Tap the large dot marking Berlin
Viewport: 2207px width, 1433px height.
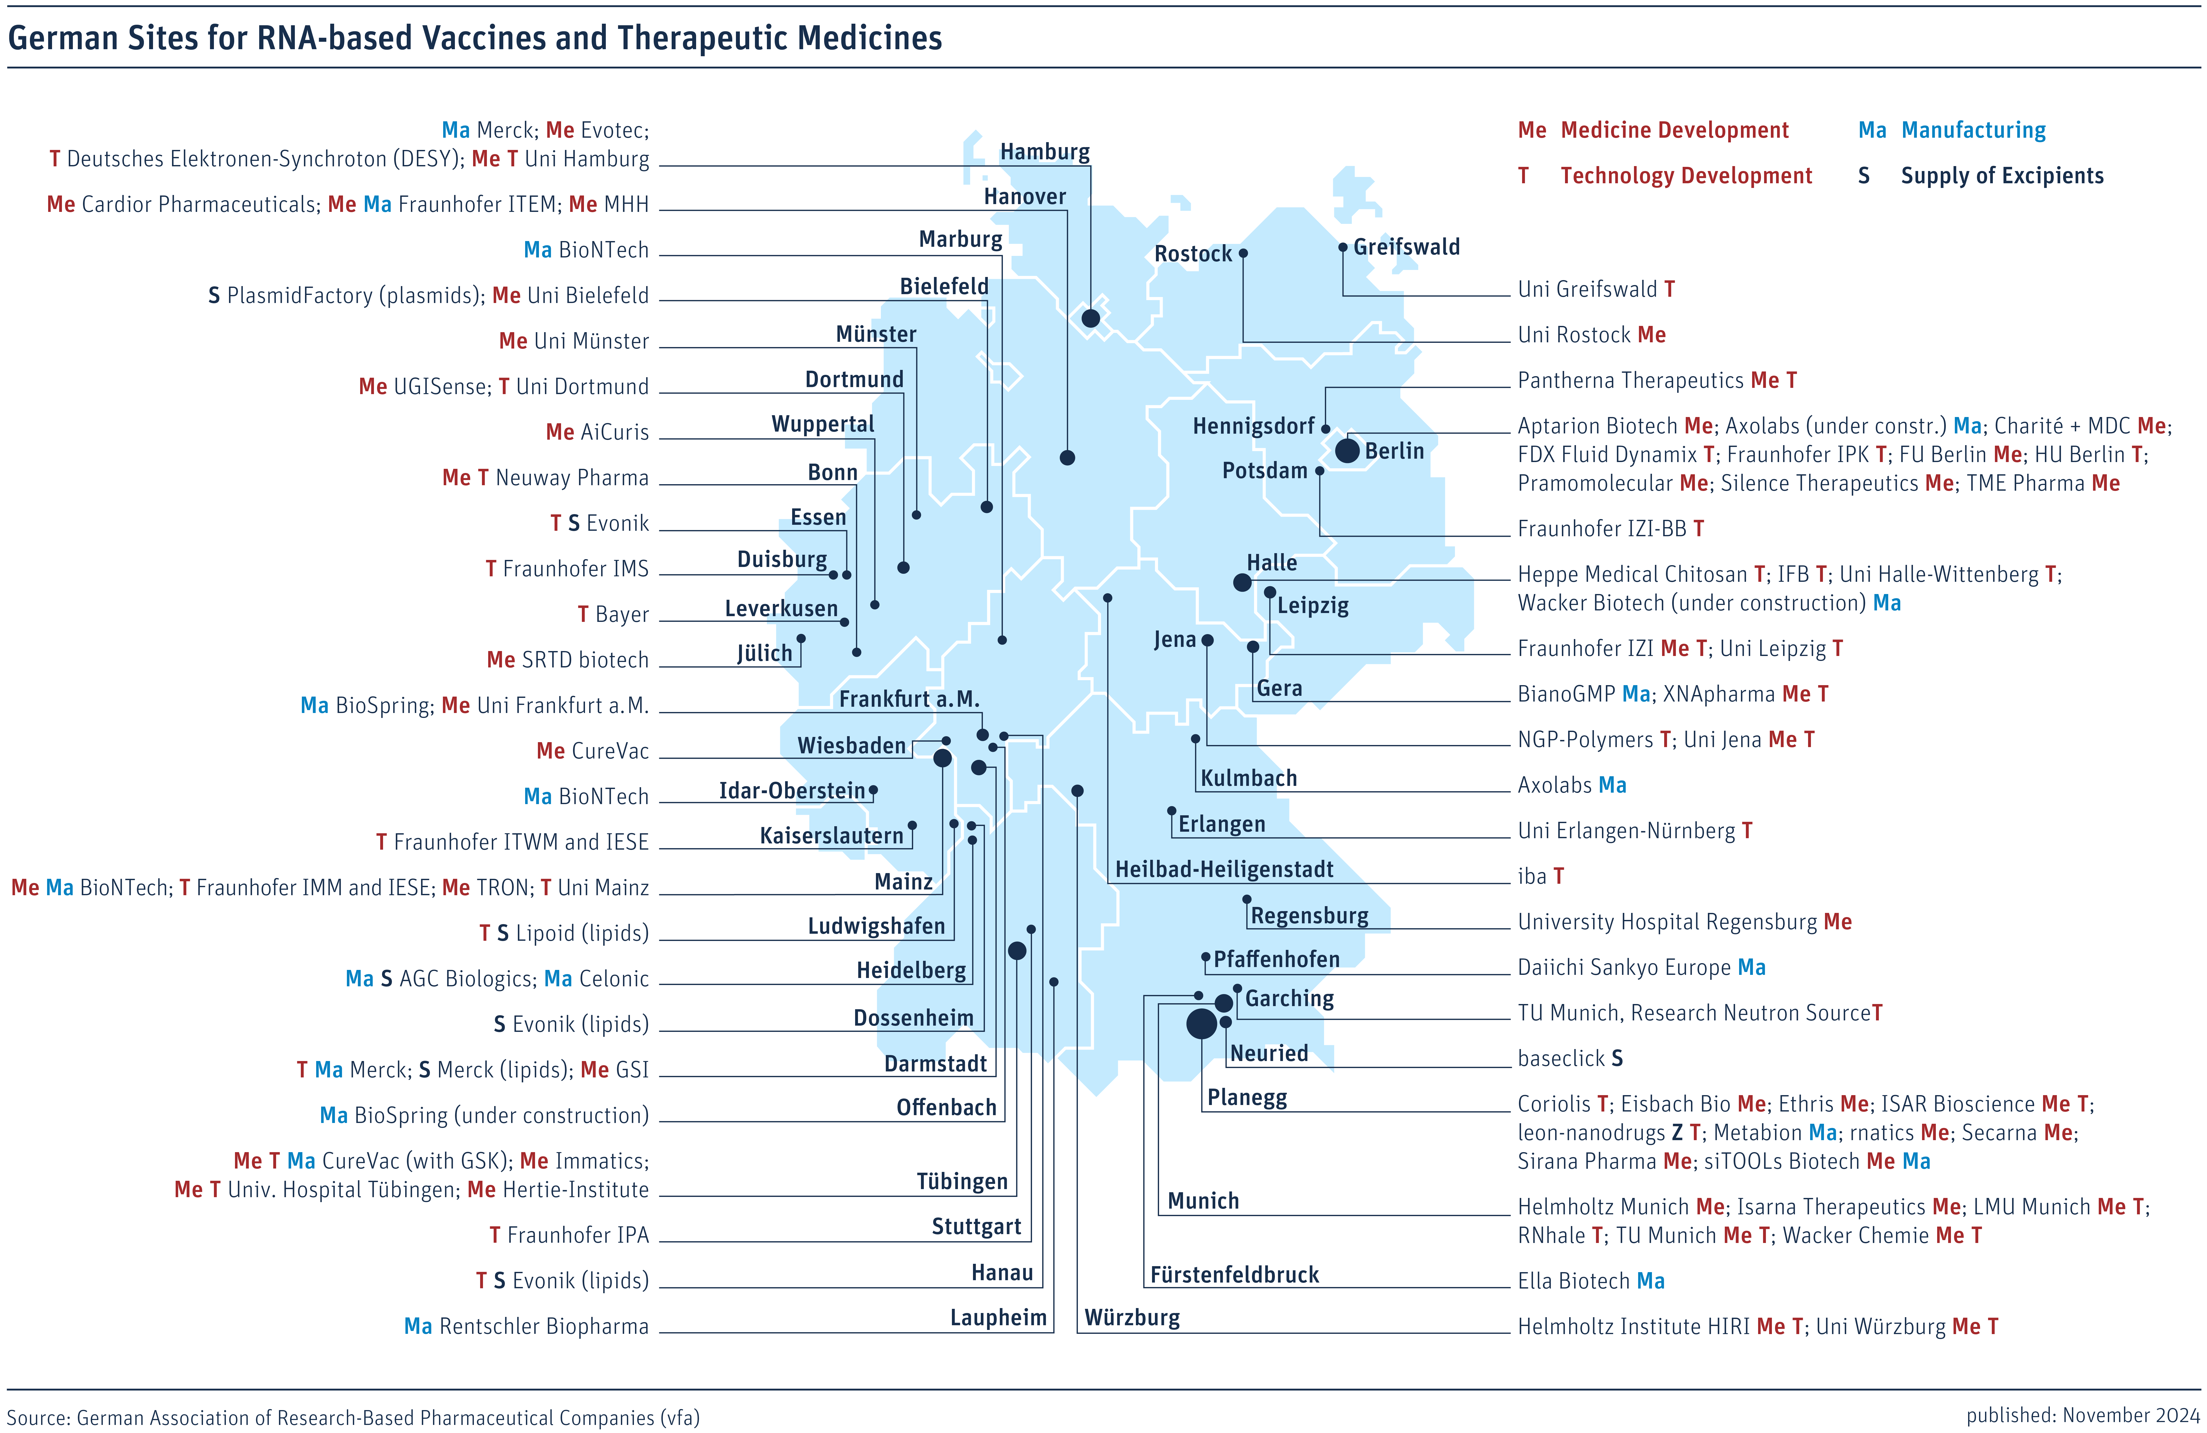pos(1347,451)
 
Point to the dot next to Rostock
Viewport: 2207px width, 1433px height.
pos(1244,253)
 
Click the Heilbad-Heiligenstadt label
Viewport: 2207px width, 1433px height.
pos(1224,869)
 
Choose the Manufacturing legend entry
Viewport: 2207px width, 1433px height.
pos(1952,131)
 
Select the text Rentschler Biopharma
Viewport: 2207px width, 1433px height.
pos(544,1326)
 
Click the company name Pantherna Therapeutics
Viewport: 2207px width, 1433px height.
pos(1631,380)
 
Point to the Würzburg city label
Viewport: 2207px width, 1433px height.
pos(1132,1318)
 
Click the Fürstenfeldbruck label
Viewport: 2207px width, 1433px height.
pos(1234,1275)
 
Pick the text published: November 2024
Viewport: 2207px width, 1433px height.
pos(2083,1415)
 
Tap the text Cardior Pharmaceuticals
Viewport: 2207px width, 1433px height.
pos(199,204)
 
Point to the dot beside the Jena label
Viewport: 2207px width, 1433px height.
pos(1207,640)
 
